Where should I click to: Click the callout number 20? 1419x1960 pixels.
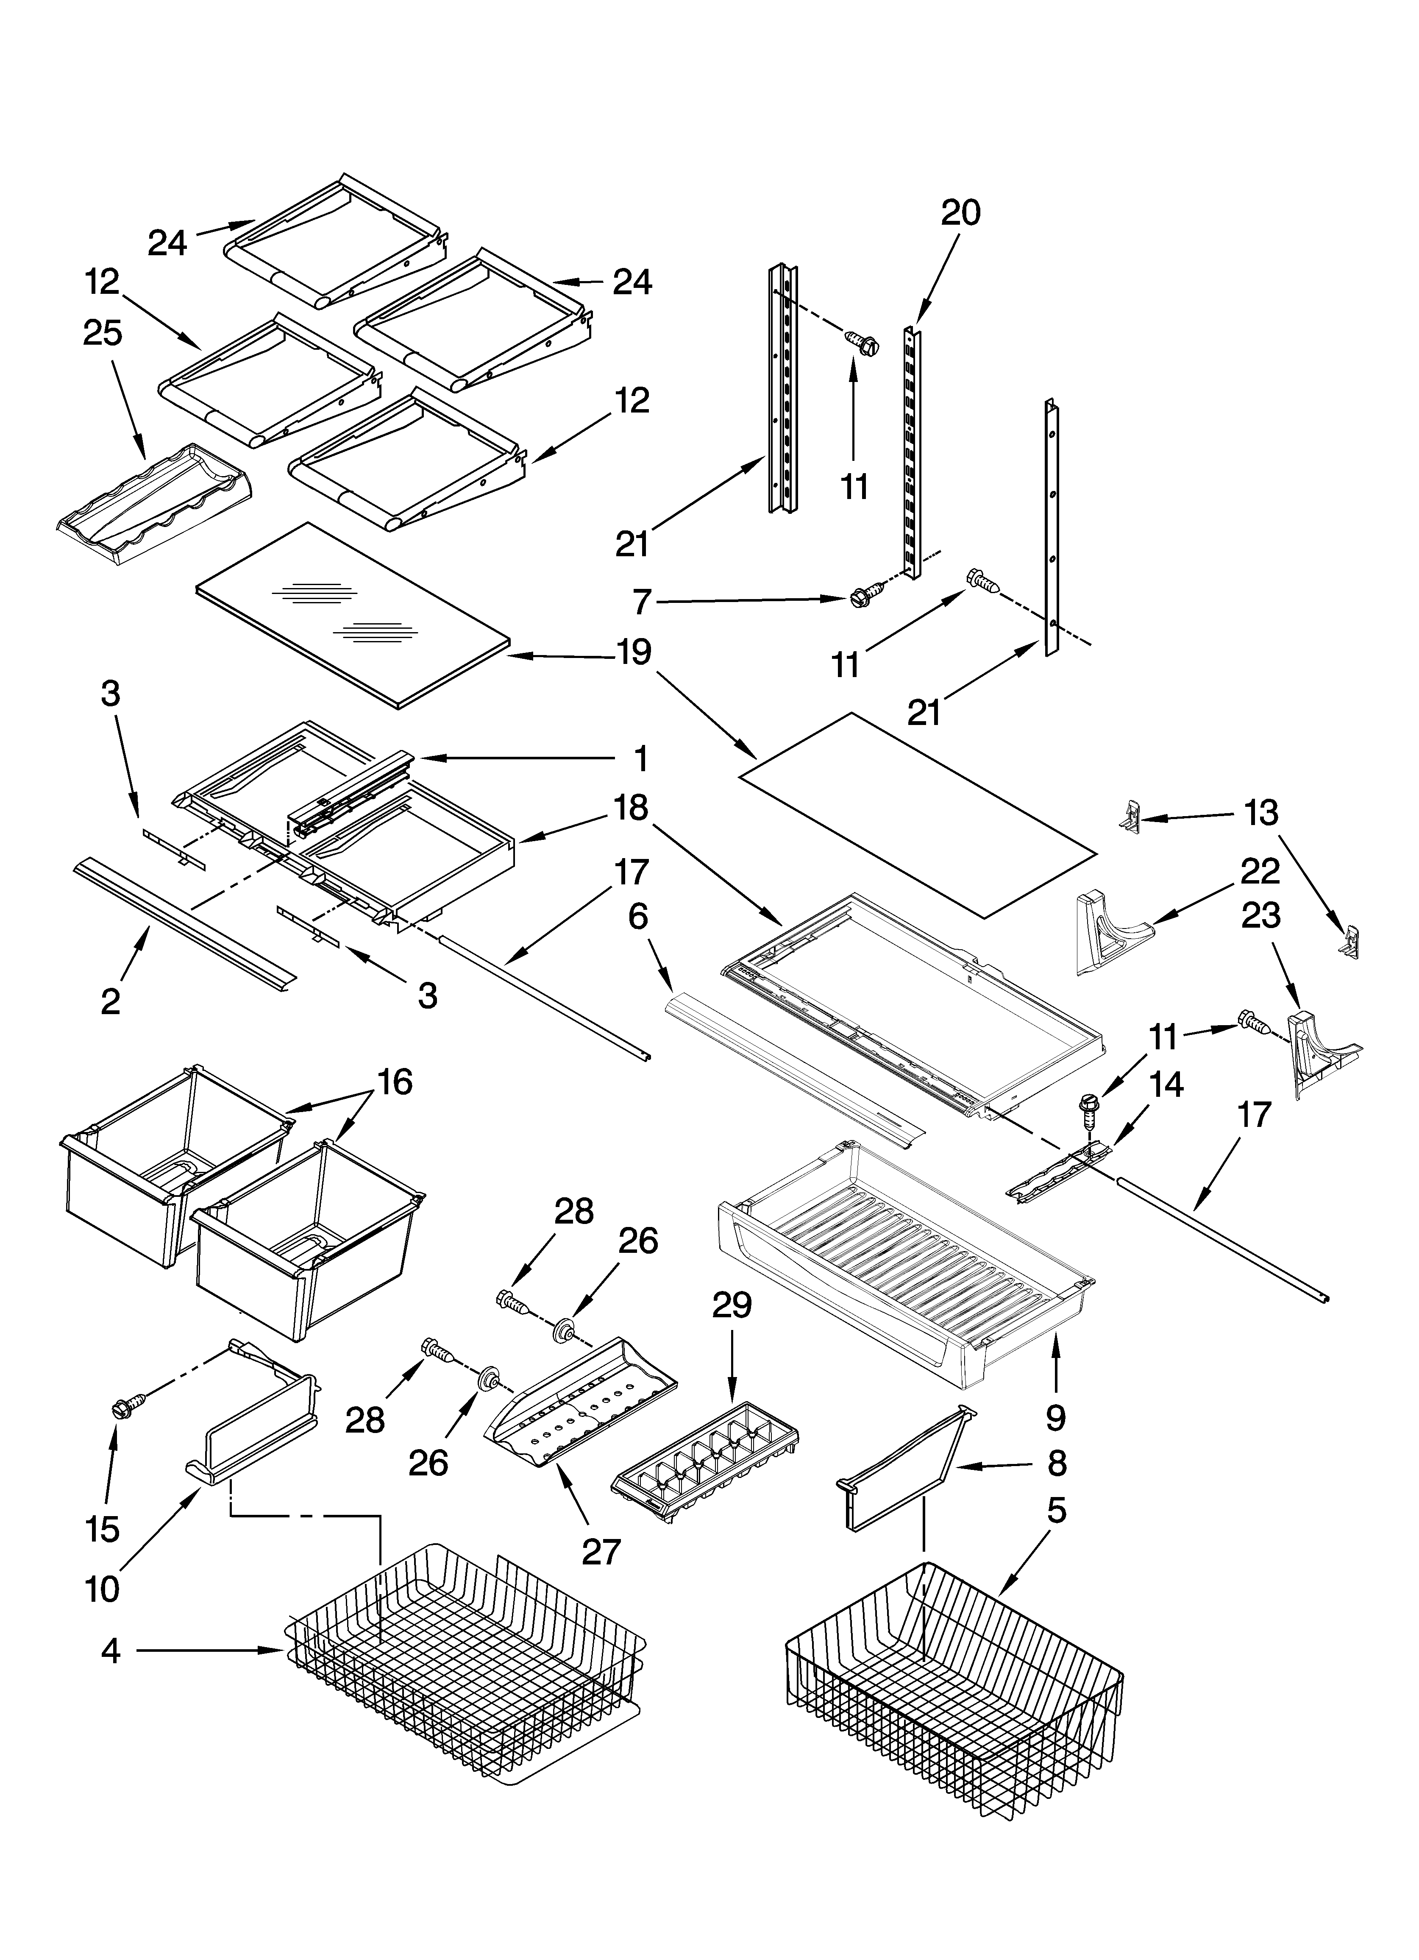pyautogui.click(x=960, y=212)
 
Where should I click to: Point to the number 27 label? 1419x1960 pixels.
pyautogui.click(x=601, y=1551)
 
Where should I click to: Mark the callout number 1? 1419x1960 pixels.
pyautogui.click(x=640, y=759)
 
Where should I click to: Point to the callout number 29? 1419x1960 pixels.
pyautogui.click(x=731, y=1305)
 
